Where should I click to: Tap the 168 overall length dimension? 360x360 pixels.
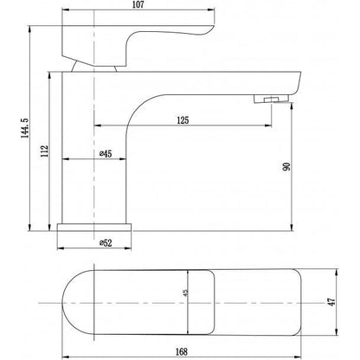(x=179, y=350)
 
